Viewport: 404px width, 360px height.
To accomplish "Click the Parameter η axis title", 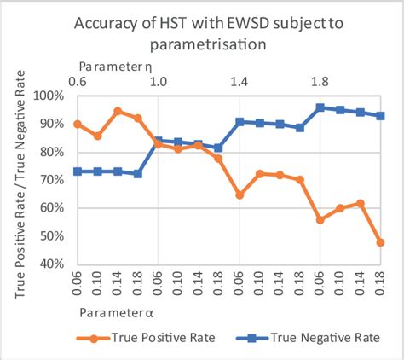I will pyautogui.click(x=116, y=66).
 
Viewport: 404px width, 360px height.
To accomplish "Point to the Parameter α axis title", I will pyautogui.click(x=118, y=313).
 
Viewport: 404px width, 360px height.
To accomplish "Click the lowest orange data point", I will pyautogui.click(x=380, y=242).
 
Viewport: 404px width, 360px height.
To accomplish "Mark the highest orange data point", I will pyautogui.click(x=118, y=111).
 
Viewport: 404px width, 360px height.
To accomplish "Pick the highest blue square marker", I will pyautogui.click(x=320, y=107).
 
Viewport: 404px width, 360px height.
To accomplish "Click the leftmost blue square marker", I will pyautogui.click(x=78, y=171).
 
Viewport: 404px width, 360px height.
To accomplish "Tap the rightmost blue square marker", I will pyautogui.click(x=380, y=116).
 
